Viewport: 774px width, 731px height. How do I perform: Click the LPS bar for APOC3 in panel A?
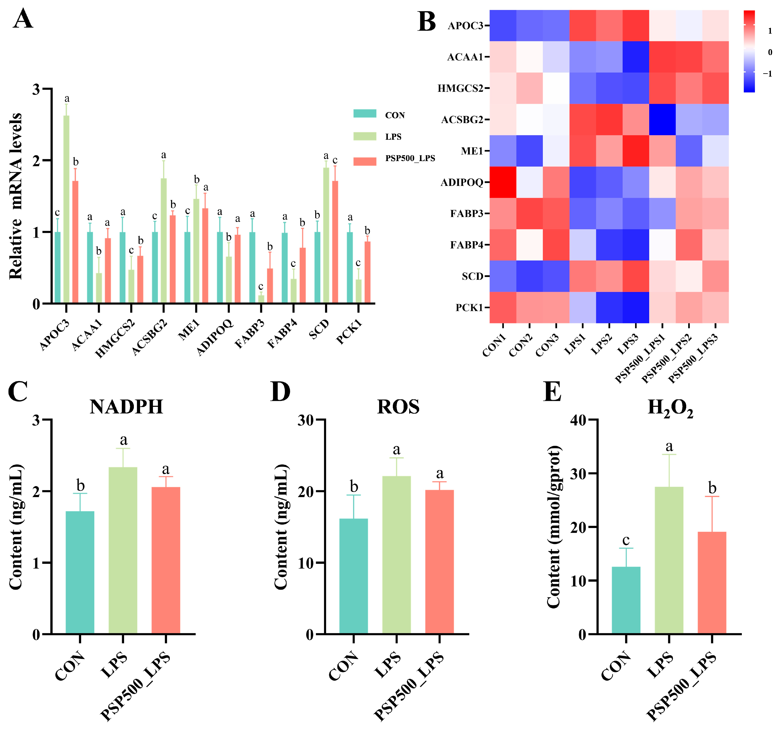67,209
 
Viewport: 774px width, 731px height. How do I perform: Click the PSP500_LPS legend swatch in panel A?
365,161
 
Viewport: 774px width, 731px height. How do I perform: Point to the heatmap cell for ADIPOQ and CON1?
503,182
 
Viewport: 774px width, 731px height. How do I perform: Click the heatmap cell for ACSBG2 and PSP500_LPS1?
662,119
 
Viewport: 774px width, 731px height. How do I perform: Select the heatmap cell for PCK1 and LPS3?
635,307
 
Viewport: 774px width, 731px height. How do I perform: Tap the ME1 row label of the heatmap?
472,151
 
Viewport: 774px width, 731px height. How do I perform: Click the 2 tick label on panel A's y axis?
36,160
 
